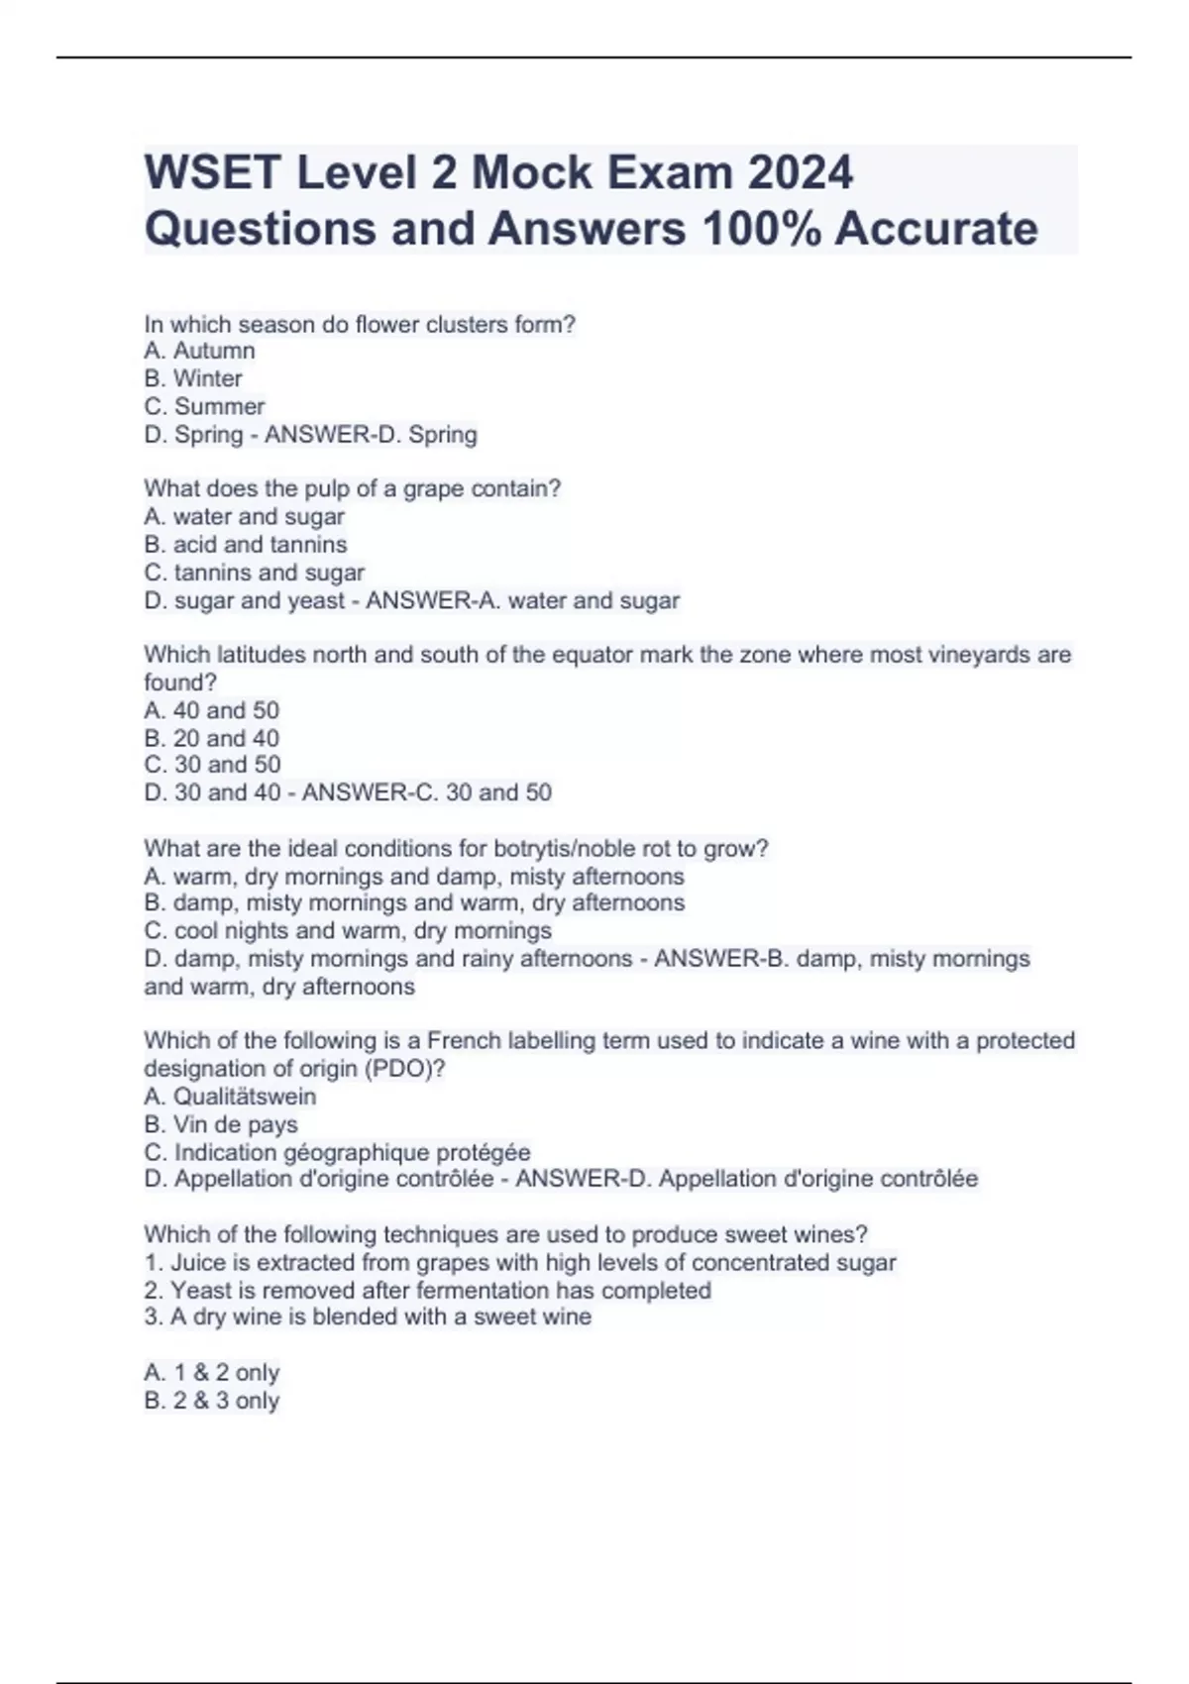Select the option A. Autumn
[199, 351]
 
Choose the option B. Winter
[193, 378]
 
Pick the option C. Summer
[204, 406]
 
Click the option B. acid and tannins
[246, 544]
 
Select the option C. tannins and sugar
[255, 572]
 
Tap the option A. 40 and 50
[212, 710]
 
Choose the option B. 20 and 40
[212, 738]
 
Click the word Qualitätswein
[245, 1097]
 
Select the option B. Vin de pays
[221, 1124]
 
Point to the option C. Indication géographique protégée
[338, 1152]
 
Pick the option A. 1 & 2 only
[212, 1372]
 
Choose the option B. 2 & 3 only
[212, 1400]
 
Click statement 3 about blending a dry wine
[368, 1316]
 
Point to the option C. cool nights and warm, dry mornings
[348, 930]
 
